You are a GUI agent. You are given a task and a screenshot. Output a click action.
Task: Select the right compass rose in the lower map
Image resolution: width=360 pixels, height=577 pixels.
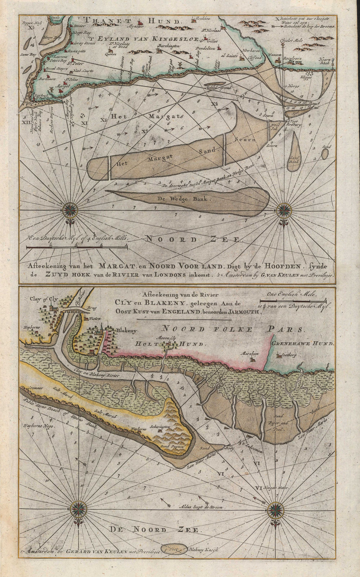tap(276, 509)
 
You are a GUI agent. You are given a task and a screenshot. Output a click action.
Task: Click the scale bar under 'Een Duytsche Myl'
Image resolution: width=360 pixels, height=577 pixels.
tap(77, 247)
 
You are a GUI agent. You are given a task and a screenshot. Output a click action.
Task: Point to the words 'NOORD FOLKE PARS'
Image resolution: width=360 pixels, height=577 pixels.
tap(233, 329)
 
